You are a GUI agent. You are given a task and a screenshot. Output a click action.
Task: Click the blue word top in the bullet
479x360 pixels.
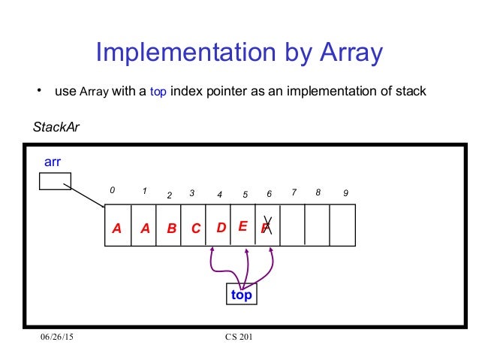coord(161,92)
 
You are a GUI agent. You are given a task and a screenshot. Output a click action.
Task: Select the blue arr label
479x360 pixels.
coord(53,162)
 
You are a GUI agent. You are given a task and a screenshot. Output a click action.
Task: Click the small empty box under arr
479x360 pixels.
coord(55,181)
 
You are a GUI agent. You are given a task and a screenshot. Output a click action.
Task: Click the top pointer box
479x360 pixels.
coord(241,295)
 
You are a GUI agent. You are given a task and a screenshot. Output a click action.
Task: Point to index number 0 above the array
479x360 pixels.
coord(113,192)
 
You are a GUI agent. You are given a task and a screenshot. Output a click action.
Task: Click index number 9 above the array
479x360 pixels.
coord(345,193)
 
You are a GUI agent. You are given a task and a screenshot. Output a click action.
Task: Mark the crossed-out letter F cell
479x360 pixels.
coord(267,225)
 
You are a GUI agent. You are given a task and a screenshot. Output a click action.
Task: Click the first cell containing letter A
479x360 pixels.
coord(118,225)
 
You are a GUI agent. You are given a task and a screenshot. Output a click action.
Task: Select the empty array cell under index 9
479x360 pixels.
coord(342,225)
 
